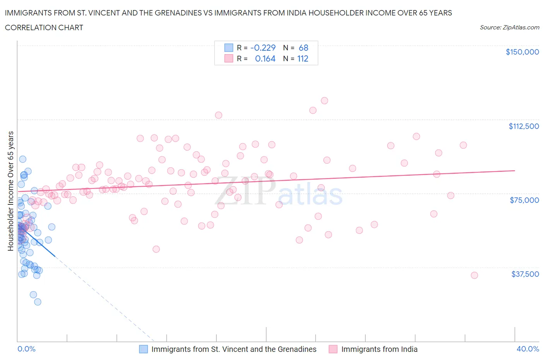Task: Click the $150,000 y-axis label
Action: pos(522,52)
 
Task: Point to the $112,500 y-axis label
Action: pos(523,126)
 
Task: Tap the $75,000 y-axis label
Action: pos(524,200)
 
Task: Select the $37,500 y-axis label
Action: pos(525,274)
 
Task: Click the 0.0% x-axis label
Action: pos(26,349)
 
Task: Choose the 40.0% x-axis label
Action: pos(528,349)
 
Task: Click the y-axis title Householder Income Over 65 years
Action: pos(11,191)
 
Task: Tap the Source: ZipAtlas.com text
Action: pos(509,27)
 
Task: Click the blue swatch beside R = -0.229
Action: pos(229,48)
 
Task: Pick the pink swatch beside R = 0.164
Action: pos(229,58)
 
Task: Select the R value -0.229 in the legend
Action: pos(263,48)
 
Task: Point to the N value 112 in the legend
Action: pos(303,58)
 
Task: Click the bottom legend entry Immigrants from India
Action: pos(379,349)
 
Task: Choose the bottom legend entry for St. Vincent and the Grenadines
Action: pos(234,349)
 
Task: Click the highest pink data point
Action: pos(324,101)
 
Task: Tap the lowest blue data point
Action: pos(38,302)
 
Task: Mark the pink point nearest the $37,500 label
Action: pos(474,275)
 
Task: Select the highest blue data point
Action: pos(23,159)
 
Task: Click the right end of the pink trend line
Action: pos(515,170)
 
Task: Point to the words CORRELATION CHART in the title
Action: pos(44,27)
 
